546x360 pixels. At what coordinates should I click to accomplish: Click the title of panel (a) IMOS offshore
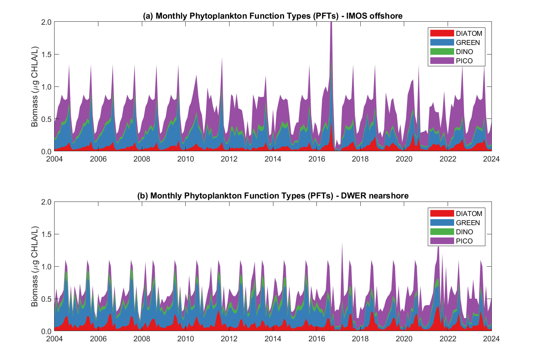[x=273, y=16]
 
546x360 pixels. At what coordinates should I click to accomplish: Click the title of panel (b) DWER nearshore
[x=273, y=196]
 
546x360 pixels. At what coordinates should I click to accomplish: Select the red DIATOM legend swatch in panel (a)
[x=442, y=34]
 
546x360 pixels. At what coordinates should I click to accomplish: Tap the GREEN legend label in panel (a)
[x=468, y=43]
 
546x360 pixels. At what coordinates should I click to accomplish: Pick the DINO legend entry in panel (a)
[x=464, y=52]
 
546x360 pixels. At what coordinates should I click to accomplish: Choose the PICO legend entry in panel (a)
[x=464, y=61]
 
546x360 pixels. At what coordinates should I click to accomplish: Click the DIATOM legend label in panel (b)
[x=469, y=214]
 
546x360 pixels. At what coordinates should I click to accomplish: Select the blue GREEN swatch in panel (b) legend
[x=442, y=223]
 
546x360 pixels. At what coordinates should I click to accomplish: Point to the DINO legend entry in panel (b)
[x=464, y=232]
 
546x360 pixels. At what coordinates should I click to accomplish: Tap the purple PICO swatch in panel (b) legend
[x=442, y=241]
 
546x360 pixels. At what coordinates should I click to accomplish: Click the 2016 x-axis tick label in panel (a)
[x=316, y=159]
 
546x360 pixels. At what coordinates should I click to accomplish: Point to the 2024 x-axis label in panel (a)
[x=491, y=159]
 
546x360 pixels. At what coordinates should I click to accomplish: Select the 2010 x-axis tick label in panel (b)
[x=185, y=339]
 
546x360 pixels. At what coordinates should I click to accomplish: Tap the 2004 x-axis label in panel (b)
[x=55, y=339]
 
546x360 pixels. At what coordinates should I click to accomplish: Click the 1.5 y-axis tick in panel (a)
[x=47, y=54]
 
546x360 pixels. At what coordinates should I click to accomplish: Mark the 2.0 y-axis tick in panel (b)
[x=47, y=202]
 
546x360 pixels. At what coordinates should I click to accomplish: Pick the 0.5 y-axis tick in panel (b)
[x=47, y=299]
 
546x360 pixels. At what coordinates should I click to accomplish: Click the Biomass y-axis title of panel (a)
[x=35, y=86]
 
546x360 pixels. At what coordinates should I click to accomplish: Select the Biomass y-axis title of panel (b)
[x=35, y=266]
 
